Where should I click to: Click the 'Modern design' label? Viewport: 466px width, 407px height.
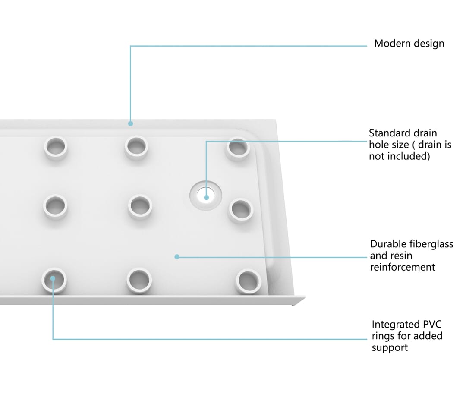click(x=409, y=44)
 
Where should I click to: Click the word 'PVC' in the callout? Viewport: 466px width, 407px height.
click(x=431, y=324)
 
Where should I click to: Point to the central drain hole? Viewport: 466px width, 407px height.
click(x=206, y=196)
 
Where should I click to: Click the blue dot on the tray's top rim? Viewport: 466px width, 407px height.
click(x=130, y=123)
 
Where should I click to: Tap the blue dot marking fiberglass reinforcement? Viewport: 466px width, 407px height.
click(x=177, y=256)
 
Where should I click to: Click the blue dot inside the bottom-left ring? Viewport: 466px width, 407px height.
click(x=53, y=278)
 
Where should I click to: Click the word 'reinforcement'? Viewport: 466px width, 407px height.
click(x=403, y=267)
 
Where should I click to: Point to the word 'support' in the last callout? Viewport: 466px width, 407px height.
click(x=390, y=348)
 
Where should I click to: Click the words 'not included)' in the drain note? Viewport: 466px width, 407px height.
click(x=400, y=156)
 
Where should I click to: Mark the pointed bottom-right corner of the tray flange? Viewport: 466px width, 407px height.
click(x=293, y=305)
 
